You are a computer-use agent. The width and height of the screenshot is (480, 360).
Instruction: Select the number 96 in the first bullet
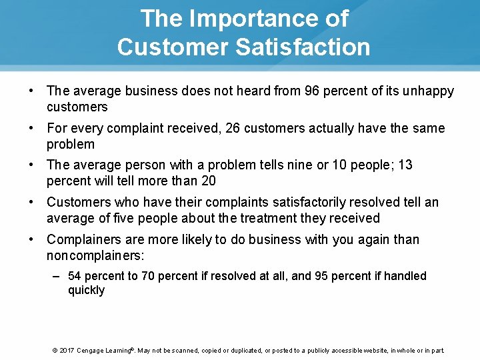click(x=311, y=91)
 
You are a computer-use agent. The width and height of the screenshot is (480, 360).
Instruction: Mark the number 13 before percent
click(x=405, y=165)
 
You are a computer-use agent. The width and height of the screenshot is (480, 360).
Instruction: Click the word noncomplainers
click(x=93, y=255)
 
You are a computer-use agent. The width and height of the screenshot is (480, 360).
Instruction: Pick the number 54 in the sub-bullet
click(x=75, y=276)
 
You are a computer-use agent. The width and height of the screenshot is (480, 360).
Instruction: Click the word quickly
click(x=86, y=291)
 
